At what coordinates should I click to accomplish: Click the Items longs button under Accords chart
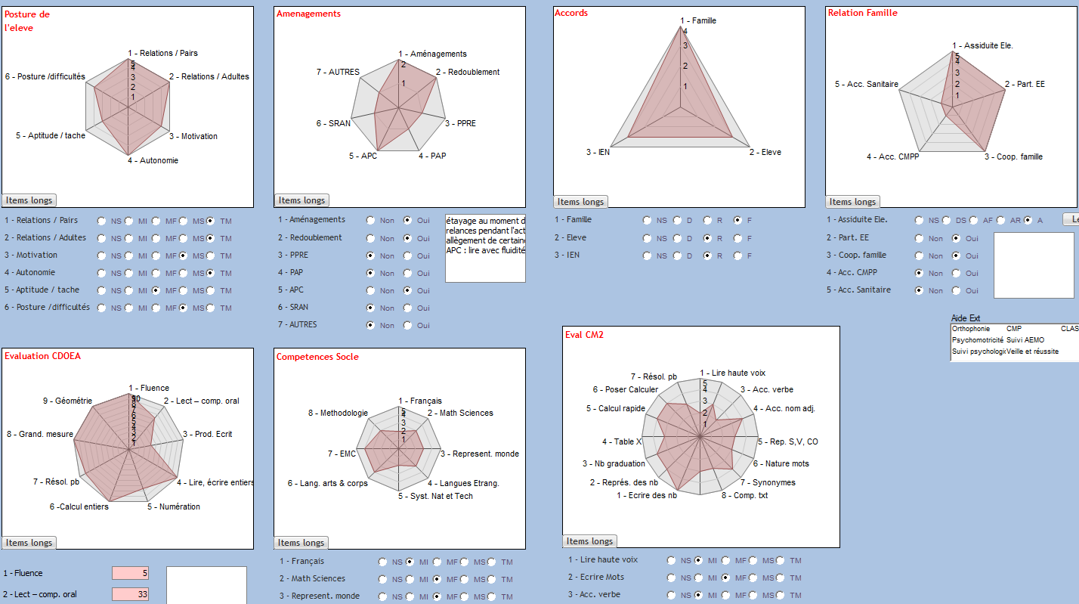coord(580,202)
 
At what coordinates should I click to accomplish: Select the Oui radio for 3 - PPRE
coord(408,256)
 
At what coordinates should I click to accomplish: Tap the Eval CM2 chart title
coord(584,335)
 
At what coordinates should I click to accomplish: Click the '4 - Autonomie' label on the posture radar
coord(153,160)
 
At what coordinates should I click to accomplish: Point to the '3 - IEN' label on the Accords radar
coord(598,153)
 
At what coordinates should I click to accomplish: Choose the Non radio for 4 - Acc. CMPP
coord(919,273)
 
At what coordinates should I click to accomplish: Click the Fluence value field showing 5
coord(130,574)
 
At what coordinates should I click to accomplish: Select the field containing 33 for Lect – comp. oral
coord(130,594)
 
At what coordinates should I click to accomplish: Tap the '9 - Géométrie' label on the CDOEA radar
coord(67,401)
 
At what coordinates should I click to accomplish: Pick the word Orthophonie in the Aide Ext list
coord(971,329)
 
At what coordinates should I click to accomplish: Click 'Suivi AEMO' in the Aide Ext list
coord(1025,340)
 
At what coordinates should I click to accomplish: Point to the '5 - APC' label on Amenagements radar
coord(363,156)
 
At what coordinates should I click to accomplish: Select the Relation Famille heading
coord(862,13)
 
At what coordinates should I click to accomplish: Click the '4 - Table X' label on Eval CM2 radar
coord(622,441)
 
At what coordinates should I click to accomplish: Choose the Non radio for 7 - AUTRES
coord(370,325)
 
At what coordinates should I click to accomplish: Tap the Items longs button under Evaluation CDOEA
coord(29,543)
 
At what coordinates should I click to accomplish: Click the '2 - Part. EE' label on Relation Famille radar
coord(1025,84)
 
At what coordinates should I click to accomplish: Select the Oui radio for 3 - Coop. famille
coord(956,256)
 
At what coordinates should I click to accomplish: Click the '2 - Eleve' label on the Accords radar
coord(765,152)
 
